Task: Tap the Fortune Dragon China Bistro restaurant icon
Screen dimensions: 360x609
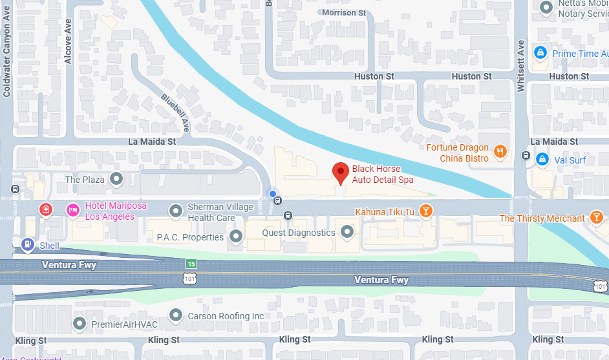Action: [500, 153]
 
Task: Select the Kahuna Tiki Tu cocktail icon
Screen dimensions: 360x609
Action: [426, 211]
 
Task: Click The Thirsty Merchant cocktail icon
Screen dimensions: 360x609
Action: [595, 218]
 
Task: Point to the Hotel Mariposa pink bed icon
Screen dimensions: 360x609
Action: [73, 210]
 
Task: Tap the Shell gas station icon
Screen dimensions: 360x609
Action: [28, 244]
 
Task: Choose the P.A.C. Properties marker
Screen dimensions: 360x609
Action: [237, 237]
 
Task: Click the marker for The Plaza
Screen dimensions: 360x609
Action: [116, 178]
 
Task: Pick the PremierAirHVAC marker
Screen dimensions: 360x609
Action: [80, 323]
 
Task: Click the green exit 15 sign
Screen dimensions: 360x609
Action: [191, 264]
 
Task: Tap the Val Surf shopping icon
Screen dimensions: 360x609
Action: [542, 159]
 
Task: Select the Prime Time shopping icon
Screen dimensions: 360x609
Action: [539, 52]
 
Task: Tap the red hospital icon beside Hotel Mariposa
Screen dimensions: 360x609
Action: [45, 210]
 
